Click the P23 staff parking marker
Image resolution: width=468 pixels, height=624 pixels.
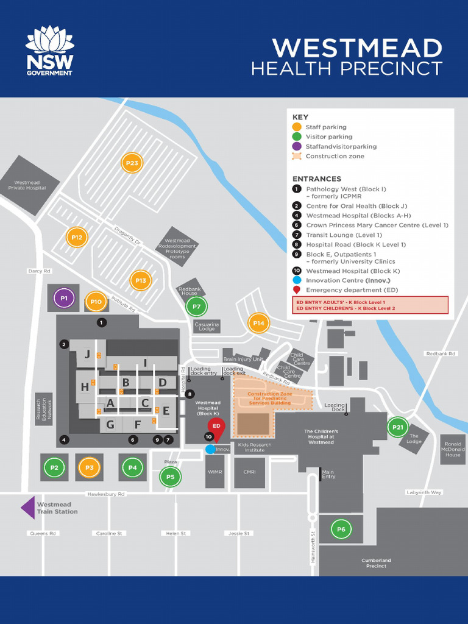point(132,163)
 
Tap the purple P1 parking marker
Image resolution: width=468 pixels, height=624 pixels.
point(63,299)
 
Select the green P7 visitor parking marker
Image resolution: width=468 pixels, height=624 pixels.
point(197,307)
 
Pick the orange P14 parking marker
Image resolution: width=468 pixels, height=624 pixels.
point(258,323)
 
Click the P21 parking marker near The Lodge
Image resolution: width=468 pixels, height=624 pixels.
point(398,427)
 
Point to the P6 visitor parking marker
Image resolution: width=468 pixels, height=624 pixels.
point(341,530)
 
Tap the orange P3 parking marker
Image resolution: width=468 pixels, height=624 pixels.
point(89,468)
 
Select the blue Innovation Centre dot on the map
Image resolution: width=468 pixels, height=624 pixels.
point(210,449)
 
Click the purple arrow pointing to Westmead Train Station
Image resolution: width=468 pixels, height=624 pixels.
point(28,508)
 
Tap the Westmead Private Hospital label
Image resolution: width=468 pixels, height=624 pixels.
point(27,185)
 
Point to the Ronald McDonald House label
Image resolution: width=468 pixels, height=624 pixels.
point(453,449)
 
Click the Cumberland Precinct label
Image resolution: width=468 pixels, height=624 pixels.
point(377,563)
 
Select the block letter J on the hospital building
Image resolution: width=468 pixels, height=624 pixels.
point(87,354)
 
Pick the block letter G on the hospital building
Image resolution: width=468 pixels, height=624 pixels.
point(110,425)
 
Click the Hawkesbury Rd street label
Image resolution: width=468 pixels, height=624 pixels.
point(105,494)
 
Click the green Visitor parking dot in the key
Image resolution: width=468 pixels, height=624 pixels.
point(297,136)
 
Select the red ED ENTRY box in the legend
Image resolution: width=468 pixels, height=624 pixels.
point(370,305)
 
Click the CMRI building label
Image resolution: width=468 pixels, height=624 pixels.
point(250,472)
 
